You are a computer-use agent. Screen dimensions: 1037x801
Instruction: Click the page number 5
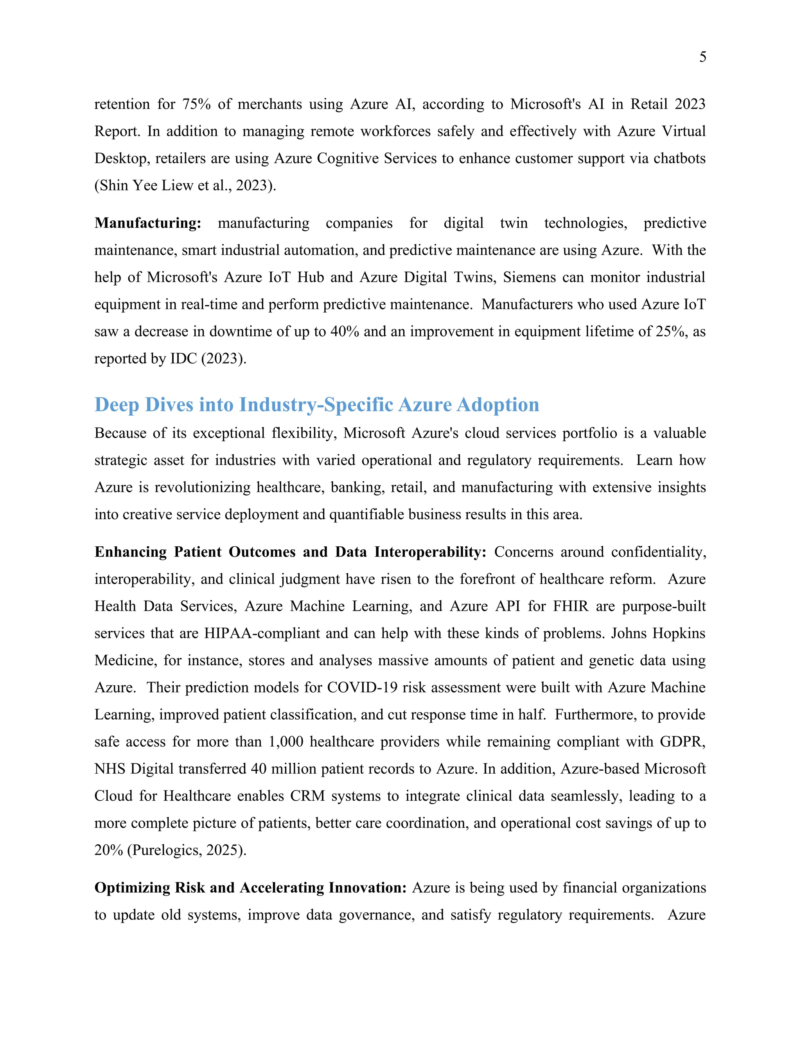coord(702,57)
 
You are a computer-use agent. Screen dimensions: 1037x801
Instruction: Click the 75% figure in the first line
coord(196,104)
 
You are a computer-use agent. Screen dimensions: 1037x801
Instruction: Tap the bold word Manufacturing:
coord(147,223)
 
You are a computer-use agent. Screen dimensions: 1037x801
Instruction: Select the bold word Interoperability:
coord(430,552)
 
